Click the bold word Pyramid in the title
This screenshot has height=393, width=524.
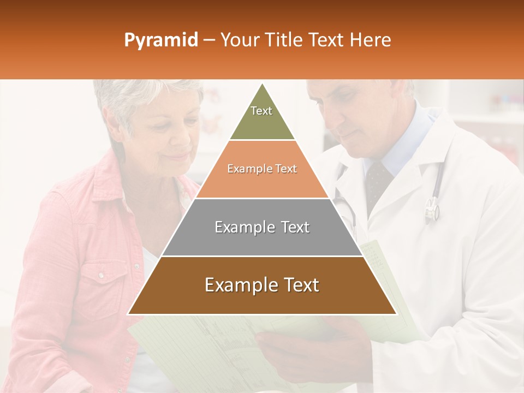click(x=160, y=40)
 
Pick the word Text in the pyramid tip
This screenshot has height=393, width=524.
click(x=261, y=111)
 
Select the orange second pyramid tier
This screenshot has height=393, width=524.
click(x=262, y=183)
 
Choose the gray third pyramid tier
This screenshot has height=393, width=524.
click(x=262, y=240)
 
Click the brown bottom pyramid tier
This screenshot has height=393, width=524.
click(x=262, y=300)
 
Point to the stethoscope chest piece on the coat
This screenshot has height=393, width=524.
click(x=432, y=209)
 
